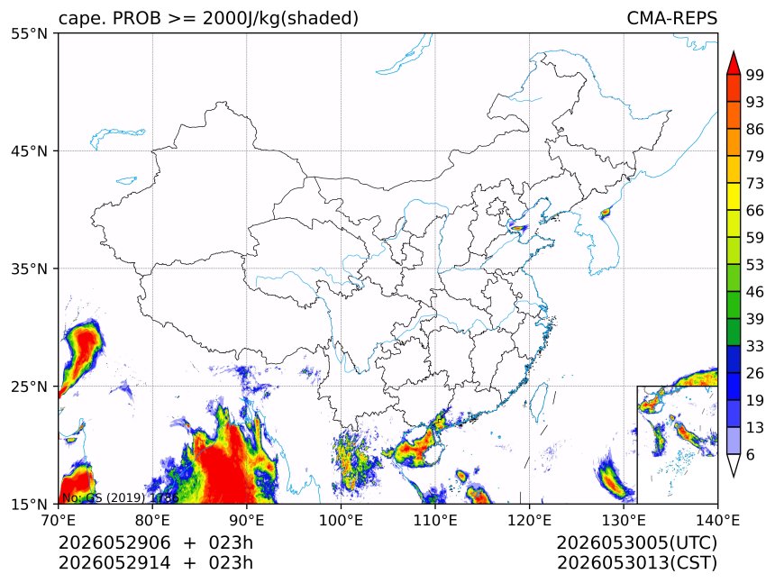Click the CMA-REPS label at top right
671,18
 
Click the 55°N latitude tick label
29,33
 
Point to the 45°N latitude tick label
29,150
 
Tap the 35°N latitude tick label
29,269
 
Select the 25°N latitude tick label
29,386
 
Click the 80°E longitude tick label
152,520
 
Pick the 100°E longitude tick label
341,520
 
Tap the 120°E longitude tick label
529,520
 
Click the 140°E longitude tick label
717,520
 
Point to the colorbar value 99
755,75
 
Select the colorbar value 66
755,211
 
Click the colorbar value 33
755,346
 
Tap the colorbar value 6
751,454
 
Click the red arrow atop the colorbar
734,63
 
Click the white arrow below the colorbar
734,465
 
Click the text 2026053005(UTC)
636,542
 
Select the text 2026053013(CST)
636,562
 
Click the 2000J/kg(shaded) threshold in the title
280,18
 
